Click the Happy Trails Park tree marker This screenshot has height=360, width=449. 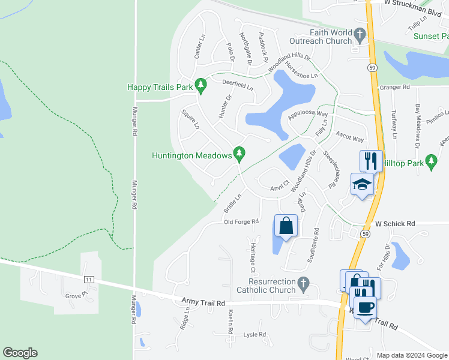click(x=202, y=88)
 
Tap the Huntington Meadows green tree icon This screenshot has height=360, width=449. click(x=240, y=155)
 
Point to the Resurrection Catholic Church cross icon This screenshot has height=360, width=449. click(x=304, y=282)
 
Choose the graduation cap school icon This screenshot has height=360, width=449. click(x=362, y=185)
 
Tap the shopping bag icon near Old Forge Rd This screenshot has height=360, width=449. click(x=286, y=226)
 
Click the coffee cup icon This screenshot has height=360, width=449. click(x=365, y=308)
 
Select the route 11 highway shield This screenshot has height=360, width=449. click(x=89, y=280)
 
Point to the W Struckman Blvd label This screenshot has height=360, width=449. click(x=408, y=3)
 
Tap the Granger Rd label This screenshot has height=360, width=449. click(x=394, y=87)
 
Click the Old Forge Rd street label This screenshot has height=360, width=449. click(x=241, y=222)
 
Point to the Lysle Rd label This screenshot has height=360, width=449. click(x=254, y=335)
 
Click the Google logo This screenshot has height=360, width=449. click(x=20, y=353)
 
